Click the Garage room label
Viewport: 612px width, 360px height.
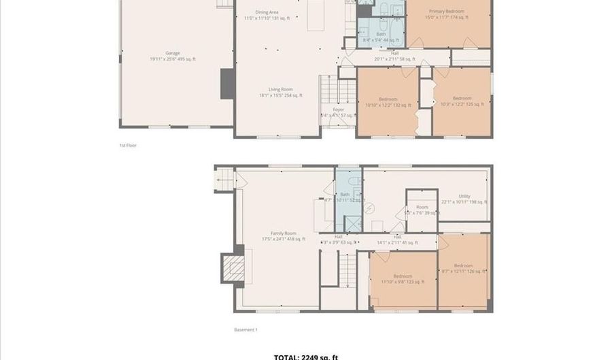click(x=172, y=56)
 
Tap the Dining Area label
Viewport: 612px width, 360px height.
click(x=267, y=16)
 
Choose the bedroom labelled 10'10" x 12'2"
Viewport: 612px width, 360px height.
click(x=388, y=102)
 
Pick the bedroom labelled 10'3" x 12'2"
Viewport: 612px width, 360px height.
click(x=462, y=101)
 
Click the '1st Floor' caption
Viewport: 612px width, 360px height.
click(x=128, y=145)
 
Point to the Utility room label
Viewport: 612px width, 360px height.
click(x=464, y=199)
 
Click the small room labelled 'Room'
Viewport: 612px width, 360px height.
click(x=422, y=209)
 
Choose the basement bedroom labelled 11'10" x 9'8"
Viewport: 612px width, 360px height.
click(x=403, y=279)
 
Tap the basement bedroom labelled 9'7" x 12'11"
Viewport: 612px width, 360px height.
click(x=463, y=268)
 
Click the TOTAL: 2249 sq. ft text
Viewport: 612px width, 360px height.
click(x=306, y=357)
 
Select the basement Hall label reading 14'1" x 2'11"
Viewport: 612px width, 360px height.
click(x=397, y=240)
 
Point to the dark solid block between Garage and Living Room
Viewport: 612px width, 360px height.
click(x=228, y=84)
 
